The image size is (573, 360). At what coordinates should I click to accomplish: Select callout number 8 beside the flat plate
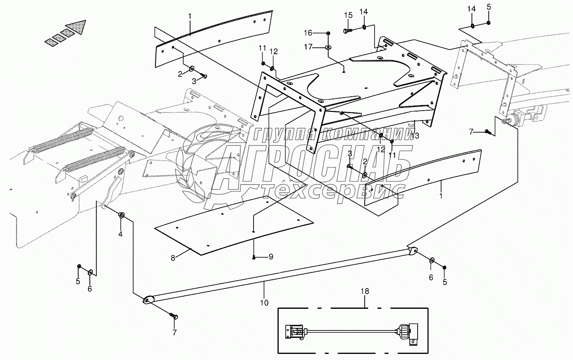coord(173,258)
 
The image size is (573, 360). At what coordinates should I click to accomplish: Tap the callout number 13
coord(415,136)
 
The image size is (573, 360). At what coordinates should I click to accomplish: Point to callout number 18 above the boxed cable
coord(365,291)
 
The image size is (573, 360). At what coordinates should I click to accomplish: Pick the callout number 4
coord(121,234)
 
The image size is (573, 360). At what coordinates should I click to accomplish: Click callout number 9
coord(270,257)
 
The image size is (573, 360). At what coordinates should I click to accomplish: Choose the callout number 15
coord(348,15)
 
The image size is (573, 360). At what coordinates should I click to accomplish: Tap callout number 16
coord(308,33)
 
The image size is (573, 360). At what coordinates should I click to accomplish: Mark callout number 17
coord(308,47)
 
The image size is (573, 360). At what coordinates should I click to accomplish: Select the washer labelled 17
coord(328,47)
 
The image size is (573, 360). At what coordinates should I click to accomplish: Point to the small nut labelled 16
coord(328,33)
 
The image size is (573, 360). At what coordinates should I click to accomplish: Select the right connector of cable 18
coord(409,333)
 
